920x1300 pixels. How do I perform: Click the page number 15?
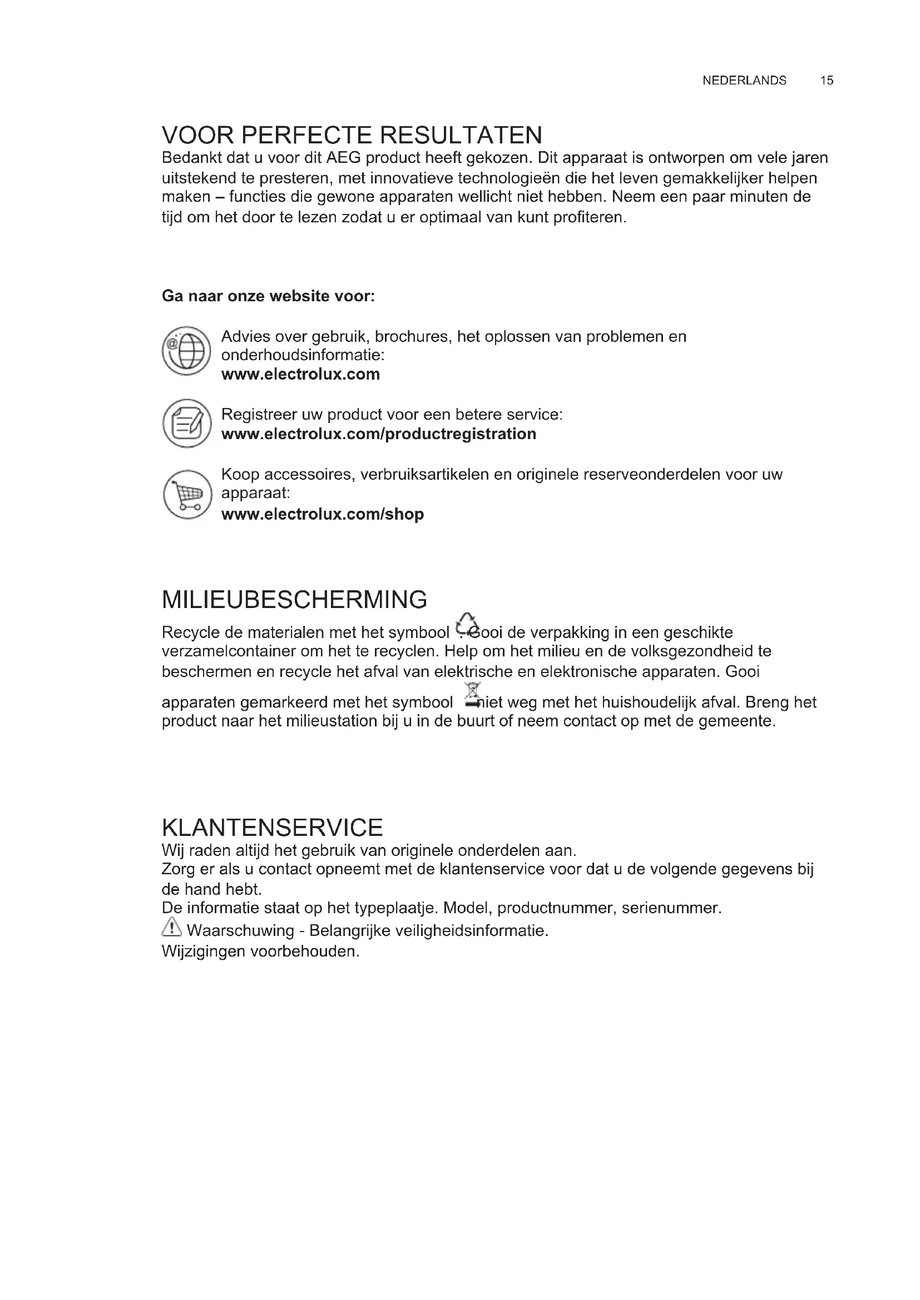[x=827, y=81]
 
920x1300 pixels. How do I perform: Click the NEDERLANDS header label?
[x=744, y=81]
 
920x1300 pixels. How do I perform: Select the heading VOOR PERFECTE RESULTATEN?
[x=352, y=135]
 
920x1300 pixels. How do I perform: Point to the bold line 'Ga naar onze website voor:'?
[x=268, y=296]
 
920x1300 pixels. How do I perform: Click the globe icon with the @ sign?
[x=186, y=351]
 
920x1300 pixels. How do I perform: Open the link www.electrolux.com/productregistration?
[x=378, y=434]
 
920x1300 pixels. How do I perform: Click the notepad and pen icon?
[x=186, y=423]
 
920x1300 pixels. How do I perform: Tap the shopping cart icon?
[x=187, y=495]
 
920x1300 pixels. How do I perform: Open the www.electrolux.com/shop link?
[x=323, y=514]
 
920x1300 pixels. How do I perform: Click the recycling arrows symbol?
[x=467, y=624]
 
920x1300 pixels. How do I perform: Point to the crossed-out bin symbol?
[x=472, y=694]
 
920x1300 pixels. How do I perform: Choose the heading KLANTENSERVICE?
[x=272, y=828]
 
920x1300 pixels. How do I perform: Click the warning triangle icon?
[x=171, y=928]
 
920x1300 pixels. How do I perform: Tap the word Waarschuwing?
[x=240, y=930]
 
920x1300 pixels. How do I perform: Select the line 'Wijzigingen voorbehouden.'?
[x=260, y=951]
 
